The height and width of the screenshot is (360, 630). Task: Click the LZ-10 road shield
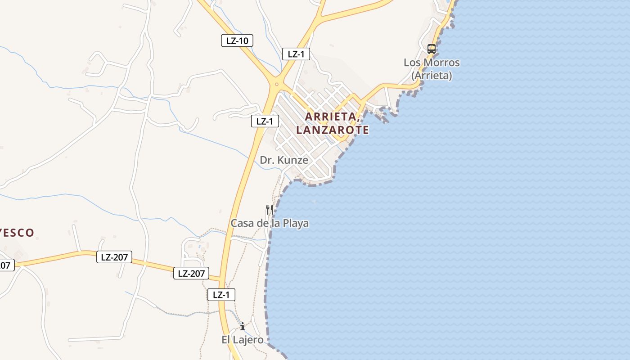(237, 40)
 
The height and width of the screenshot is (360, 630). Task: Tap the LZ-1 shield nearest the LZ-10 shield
(296, 54)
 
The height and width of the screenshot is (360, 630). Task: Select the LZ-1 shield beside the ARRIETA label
(265, 121)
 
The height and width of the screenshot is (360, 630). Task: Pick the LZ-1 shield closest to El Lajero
(221, 295)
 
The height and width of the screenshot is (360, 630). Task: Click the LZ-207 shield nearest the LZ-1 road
(191, 273)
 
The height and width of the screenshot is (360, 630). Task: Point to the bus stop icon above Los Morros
(431, 49)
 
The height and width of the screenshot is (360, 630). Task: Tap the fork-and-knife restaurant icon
(270, 209)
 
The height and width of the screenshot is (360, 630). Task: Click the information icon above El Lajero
(243, 326)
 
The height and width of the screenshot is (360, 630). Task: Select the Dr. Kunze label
(284, 160)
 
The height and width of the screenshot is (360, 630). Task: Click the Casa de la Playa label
(270, 223)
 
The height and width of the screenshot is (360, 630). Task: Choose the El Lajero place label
(242, 340)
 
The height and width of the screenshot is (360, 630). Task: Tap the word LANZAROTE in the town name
(333, 130)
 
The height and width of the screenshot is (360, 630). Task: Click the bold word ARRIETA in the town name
(331, 116)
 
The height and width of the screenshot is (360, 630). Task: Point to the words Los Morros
(432, 63)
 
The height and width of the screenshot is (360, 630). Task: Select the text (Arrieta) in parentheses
(432, 75)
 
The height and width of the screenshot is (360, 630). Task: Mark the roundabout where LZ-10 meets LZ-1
(276, 84)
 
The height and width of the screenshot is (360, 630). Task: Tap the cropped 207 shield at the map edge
(6, 265)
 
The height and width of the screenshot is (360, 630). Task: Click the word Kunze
(292, 160)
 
